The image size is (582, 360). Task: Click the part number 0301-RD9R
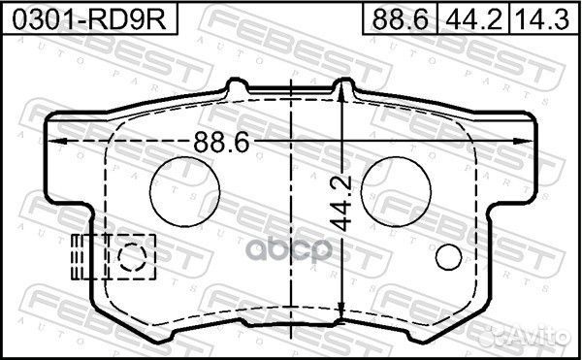(89, 19)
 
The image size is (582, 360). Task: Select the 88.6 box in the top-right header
(400, 18)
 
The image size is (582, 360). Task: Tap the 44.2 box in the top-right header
(473, 18)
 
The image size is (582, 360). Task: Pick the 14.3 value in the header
(543, 19)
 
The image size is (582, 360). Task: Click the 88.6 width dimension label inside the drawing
(221, 142)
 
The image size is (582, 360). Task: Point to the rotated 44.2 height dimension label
(341, 204)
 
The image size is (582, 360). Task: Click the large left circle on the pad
(185, 191)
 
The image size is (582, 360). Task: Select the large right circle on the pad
(396, 191)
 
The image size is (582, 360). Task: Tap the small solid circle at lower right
(449, 257)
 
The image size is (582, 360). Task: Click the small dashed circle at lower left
(132, 257)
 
